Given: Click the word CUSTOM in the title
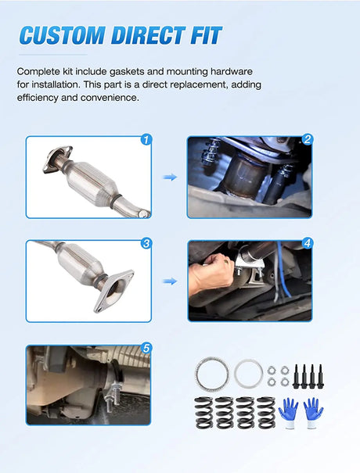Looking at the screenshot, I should pos(65,35).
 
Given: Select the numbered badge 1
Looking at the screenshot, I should pos(146,141).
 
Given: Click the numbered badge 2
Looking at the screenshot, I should pos(307,141).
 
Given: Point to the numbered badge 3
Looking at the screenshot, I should pos(146,243).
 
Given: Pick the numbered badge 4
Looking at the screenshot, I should pos(307,243).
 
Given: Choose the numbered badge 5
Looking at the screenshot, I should pos(146,348).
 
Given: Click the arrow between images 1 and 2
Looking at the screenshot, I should pos(169,177).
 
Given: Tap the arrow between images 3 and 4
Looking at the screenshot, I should pos(169,281).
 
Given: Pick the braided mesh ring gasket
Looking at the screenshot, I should pos(210,373).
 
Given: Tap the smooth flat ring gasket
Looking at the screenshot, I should pos(247,373).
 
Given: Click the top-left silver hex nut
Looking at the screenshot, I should pos(270,367).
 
